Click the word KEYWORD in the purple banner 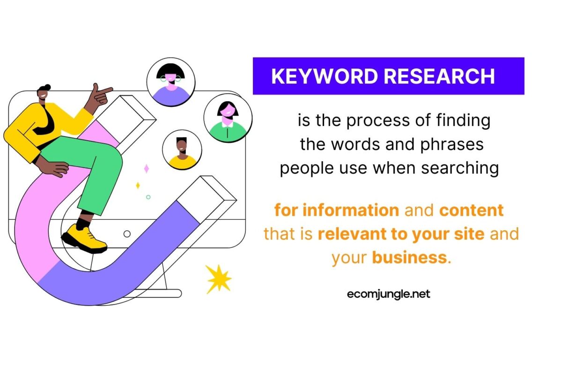click(325, 76)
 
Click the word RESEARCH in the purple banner click(439, 76)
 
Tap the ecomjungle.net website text click(388, 294)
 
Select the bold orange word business click(409, 257)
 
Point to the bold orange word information click(351, 210)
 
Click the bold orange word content click(471, 210)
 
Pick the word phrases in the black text click(452, 145)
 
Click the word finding click(463, 120)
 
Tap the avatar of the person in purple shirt click(171, 82)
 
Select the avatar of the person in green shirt click(228, 118)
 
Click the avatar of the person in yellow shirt click(182, 150)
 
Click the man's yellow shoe click(84, 239)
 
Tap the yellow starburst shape click(218, 279)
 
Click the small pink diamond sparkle click(147, 168)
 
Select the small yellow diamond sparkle click(138, 185)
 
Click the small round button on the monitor click(127, 234)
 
